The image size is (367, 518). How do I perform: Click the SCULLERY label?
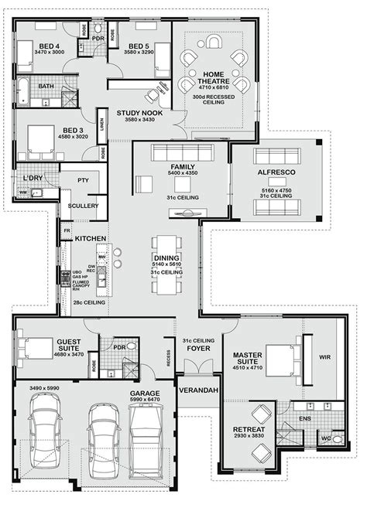coord(83,206)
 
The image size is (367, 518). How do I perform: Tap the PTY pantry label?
coord(84,180)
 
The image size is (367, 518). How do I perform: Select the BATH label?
coord(46,86)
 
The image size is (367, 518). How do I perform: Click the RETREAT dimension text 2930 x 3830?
coord(248,437)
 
